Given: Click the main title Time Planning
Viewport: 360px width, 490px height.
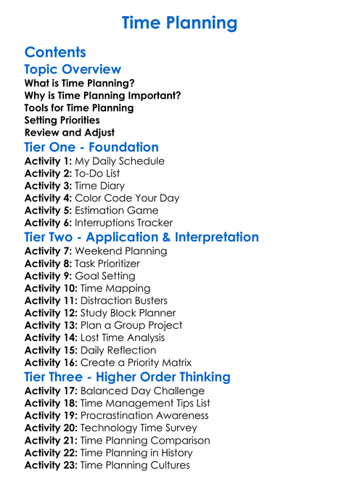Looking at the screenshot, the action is click(x=179, y=23).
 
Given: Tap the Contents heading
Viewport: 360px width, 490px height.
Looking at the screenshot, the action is click(x=55, y=52).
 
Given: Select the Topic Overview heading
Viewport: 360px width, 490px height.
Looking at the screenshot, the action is click(x=73, y=70).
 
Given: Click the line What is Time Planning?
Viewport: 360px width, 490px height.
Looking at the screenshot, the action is click(x=80, y=83).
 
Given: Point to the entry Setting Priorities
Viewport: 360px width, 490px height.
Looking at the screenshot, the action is click(x=62, y=120).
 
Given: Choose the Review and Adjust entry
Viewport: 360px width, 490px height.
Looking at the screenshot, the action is click(x=70, y=132).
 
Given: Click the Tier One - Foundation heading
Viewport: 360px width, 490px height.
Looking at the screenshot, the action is click(x=91, y=147).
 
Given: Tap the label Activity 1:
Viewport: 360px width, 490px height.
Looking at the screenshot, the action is click(x=48, y=161).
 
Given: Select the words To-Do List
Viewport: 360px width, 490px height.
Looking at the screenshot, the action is click(x=97, y=173).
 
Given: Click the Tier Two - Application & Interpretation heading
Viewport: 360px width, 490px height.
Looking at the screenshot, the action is click(x=142, y=237).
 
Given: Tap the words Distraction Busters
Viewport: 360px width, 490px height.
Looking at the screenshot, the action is click(x=124, y=301).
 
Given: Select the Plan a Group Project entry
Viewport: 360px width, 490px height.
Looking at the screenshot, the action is click(x=131, y=325).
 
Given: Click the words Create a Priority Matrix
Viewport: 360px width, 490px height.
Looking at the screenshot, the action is click(x=136, y=362).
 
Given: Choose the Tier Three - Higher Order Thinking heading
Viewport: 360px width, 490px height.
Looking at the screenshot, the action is click(x=128, y=377).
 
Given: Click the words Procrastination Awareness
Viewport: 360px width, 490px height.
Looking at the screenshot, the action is click(x=144, y=415).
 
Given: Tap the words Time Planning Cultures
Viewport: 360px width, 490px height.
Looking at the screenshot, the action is click(x=135, y=465).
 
